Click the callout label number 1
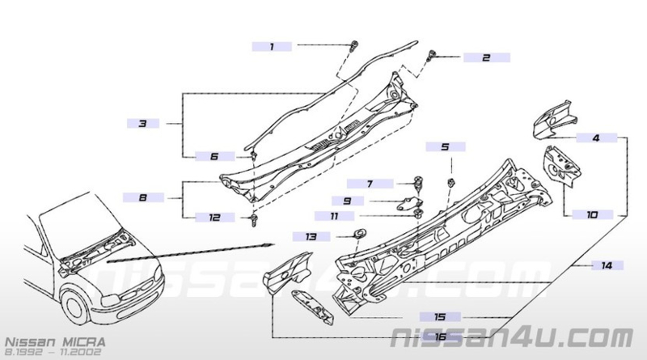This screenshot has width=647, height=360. [x=272, y=47]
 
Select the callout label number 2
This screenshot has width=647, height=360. [x=487, y=57]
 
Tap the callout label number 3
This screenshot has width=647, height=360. [x=143, y=123]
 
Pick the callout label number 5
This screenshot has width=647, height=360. [x=446, y=146]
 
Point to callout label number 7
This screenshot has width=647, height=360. [x=370, y=184]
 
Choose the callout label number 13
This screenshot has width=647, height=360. [x=311, y=236]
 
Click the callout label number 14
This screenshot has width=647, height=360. [x=607, y=265]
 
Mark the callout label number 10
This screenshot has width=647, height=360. [x=593, y=214]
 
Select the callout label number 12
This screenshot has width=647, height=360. [x=214, y=217]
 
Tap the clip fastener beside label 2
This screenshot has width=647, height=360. [x=432, y=54]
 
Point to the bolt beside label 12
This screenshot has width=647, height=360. [x=253, y=220]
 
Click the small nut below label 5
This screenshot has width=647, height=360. [x=451, y=183]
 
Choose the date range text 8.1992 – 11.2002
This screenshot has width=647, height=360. [x=53, y=352]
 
